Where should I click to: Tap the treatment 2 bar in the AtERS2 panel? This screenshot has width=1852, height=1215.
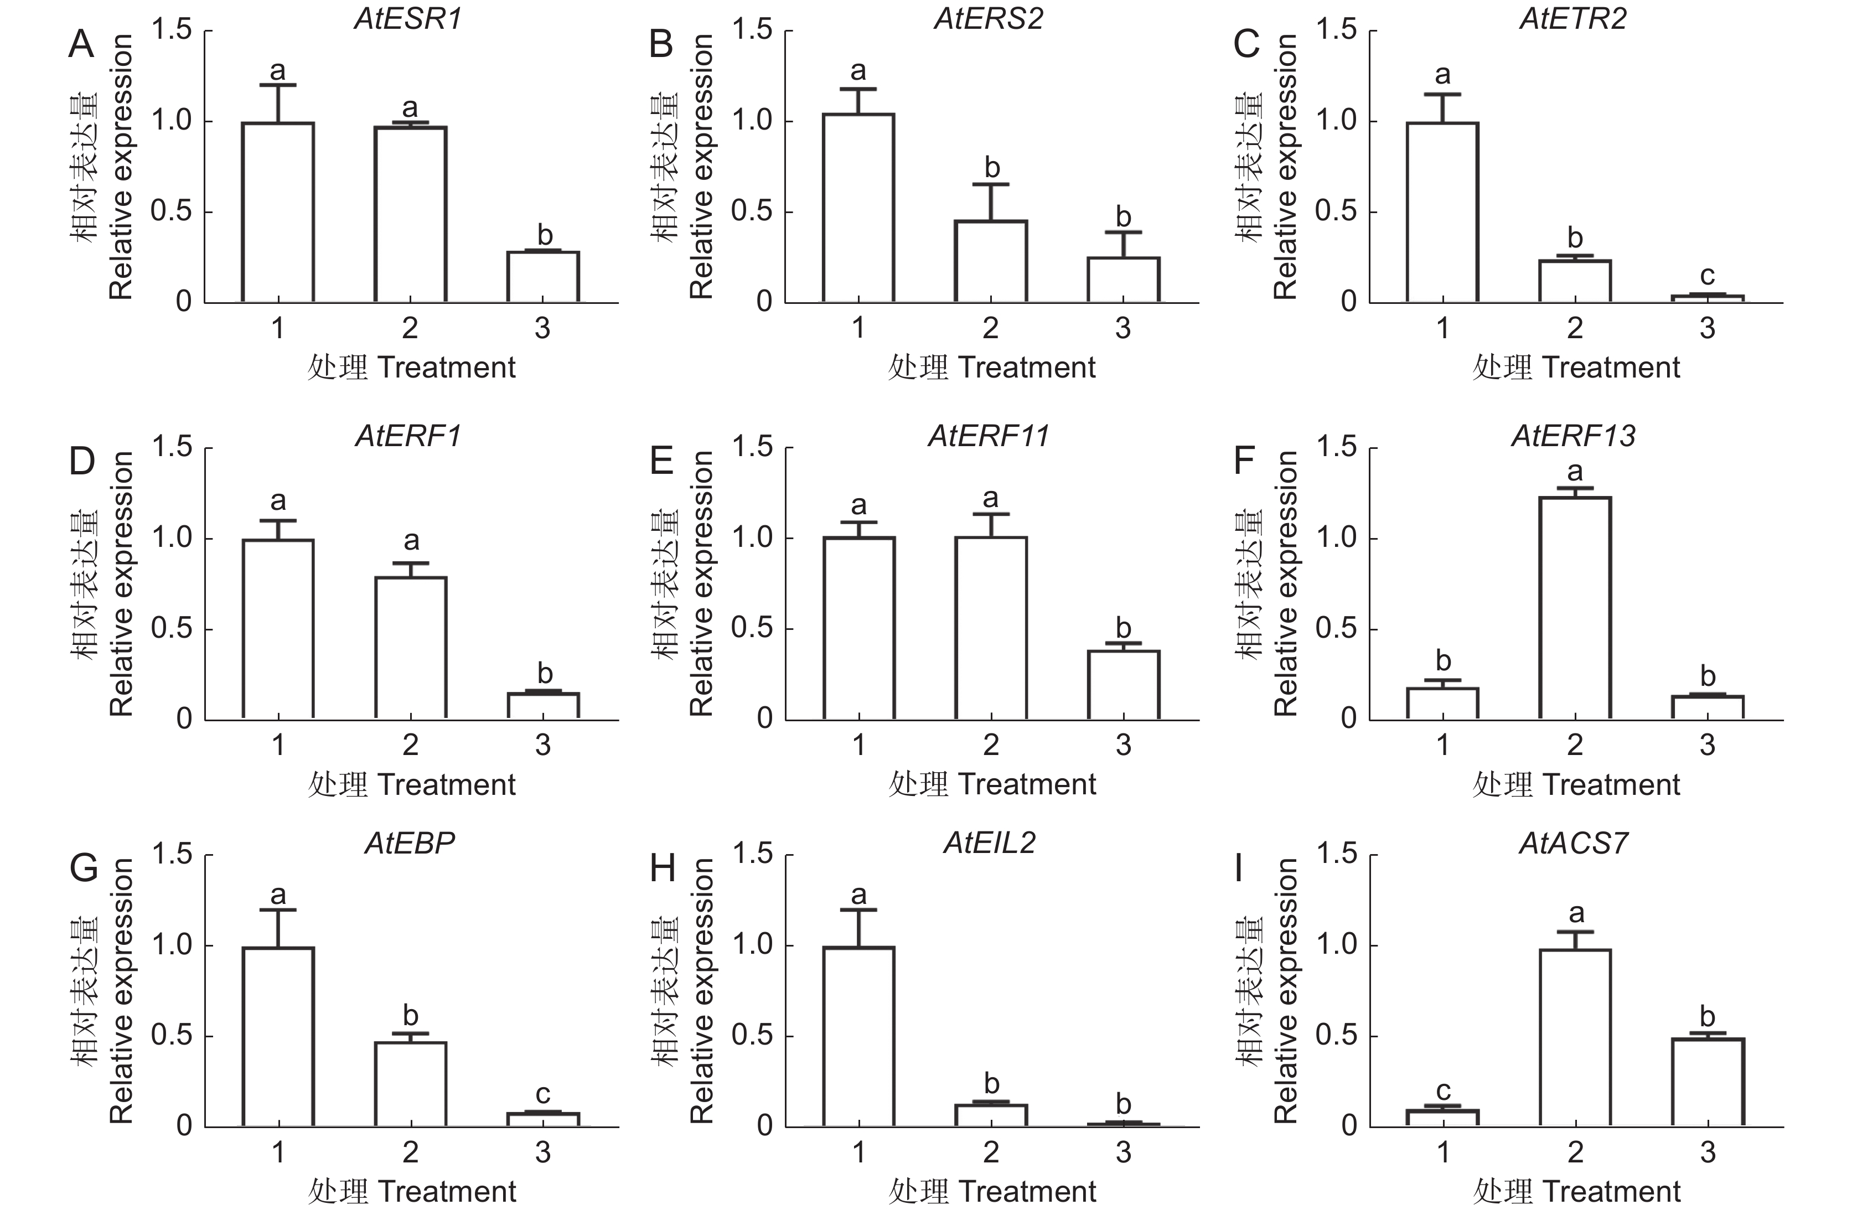[991, 261]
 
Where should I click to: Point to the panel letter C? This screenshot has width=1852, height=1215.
[1246, 44]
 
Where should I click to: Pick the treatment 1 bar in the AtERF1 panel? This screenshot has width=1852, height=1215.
[278, 629]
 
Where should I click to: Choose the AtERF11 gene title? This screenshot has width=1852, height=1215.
[989, 436]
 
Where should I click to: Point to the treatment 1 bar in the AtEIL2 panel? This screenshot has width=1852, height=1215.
[858, 1036]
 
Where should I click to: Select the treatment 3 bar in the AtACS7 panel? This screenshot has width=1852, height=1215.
[1708, 1082]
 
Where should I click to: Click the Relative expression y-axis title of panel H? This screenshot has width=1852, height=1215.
[701, 991]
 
